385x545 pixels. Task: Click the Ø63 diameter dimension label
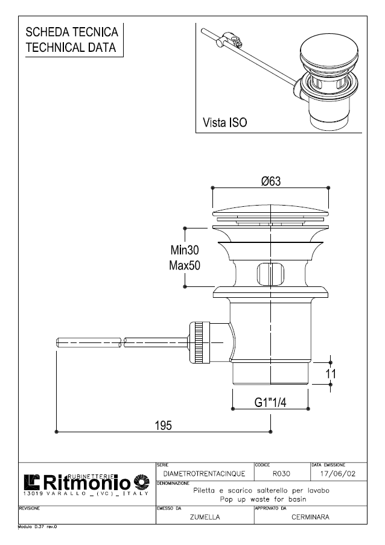click(272, 181)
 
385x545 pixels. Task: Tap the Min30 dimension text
click(184, 250)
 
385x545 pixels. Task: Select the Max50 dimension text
click(184, 265)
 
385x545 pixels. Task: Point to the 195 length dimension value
click(163, 425)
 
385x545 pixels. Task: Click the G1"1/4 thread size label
click(270, 402)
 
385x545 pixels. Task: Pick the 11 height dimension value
click(331, 374)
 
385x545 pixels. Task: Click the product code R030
click(282, 474)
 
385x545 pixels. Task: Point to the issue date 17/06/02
click(337, 474)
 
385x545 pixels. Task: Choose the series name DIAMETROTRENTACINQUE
click(204, 474)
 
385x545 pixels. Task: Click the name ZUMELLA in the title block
click(205, 517)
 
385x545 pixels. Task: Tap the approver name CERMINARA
click(310, 517)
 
